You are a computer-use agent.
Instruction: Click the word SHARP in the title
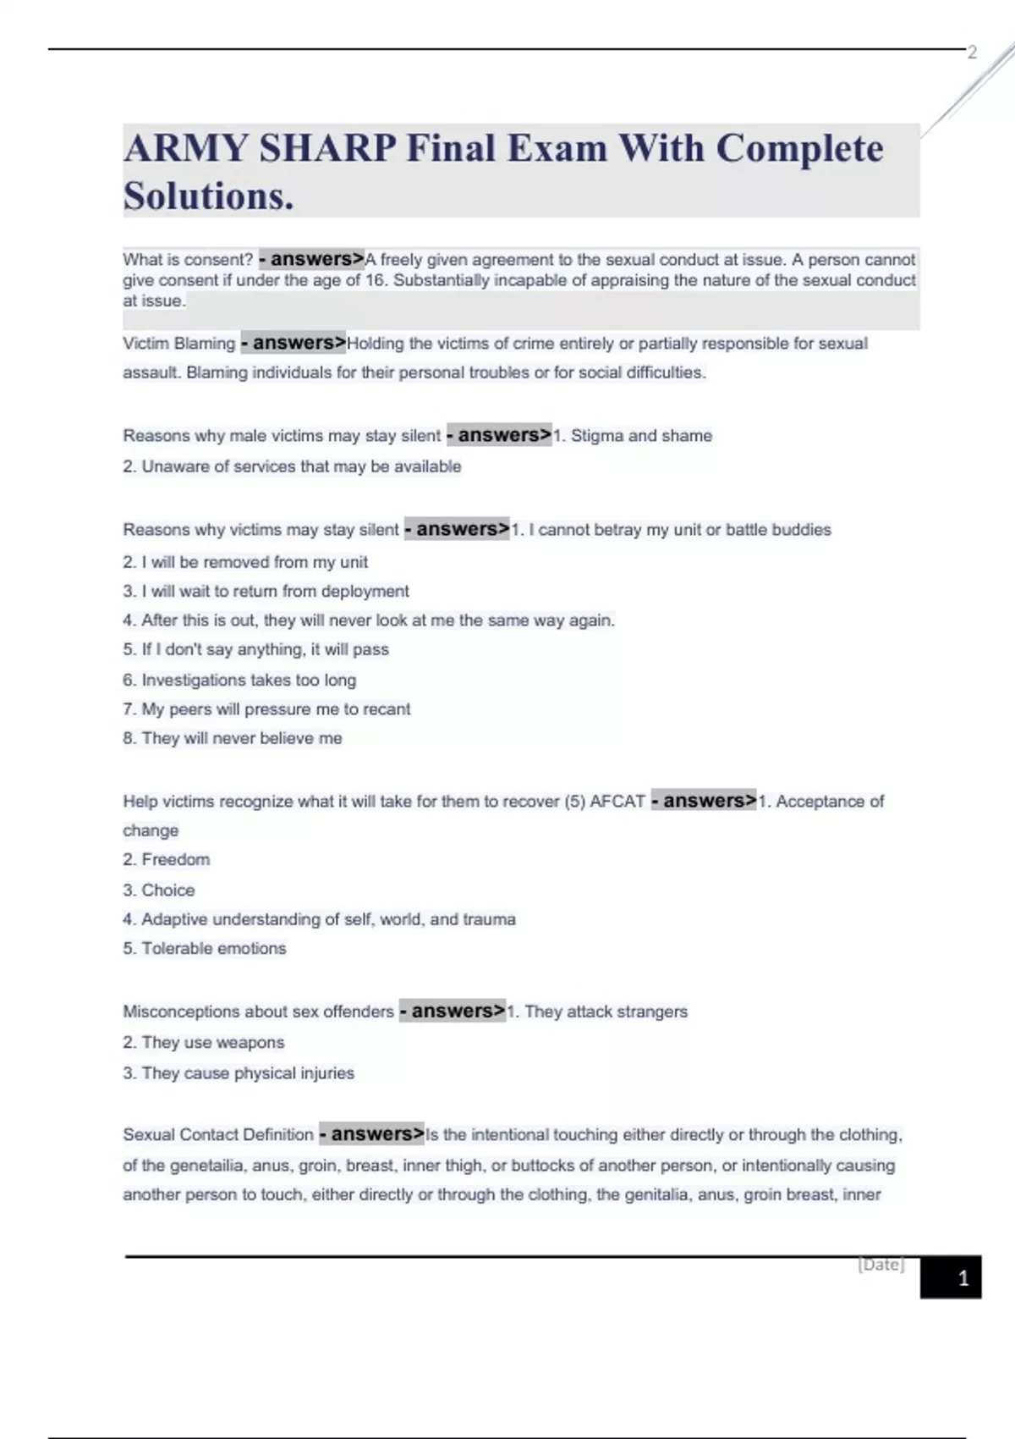pos(327,149)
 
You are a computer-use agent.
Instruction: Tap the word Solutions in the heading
pos(206,196)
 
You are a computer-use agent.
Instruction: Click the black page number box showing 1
pos(951,1277)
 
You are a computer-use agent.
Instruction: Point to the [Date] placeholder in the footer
pos(881,1265)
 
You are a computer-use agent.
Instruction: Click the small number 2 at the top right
pos(972,52)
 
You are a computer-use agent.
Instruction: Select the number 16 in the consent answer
pos(375,280)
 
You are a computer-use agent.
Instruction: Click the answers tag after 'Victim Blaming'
pos(294,343)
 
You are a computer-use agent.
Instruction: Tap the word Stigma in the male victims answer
pos(596,436)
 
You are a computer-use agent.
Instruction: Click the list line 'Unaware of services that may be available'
pos(292,466)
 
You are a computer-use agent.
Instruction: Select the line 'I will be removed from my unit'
pos(245,562)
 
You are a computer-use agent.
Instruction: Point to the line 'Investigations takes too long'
pos(239,680)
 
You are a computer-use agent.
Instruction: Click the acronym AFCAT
pos(617,801)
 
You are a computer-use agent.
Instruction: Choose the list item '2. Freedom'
pos(167,860)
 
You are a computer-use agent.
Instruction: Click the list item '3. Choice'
pos(159,890)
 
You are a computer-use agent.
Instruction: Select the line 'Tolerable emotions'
pos(205,949)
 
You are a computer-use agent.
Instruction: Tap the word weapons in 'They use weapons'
pos(250,1043)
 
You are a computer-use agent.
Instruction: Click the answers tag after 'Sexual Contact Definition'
pos(371,1134)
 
